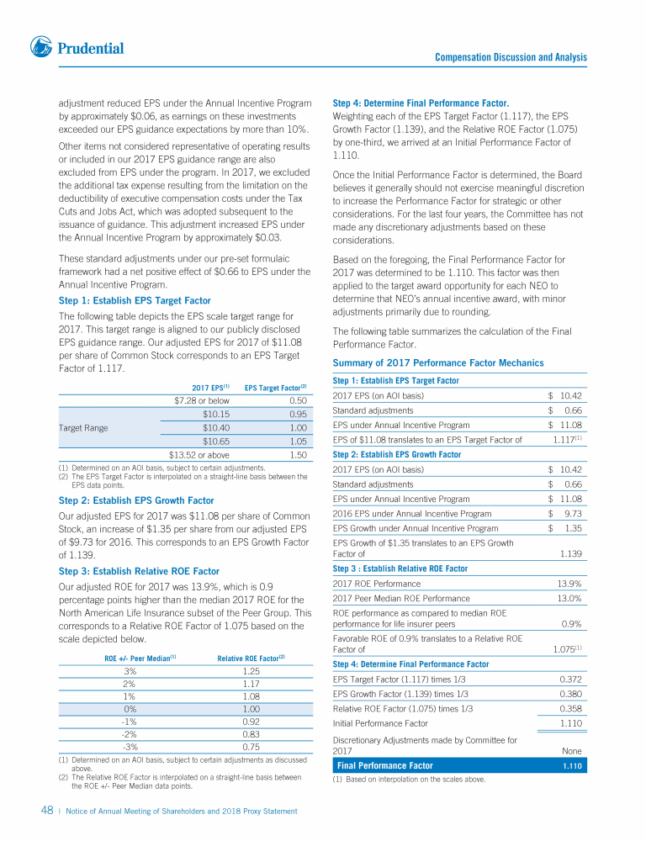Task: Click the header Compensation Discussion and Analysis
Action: coord(511,57)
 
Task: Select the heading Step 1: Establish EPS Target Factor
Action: coord(135,300)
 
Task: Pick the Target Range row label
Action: coord(83,427)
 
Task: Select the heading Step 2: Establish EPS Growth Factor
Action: coord(135,500)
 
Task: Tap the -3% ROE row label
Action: coord(130,746)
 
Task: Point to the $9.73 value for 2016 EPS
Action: coord(564,513)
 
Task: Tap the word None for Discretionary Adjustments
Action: coord(570,750)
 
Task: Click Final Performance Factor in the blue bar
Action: coord(384,765)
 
